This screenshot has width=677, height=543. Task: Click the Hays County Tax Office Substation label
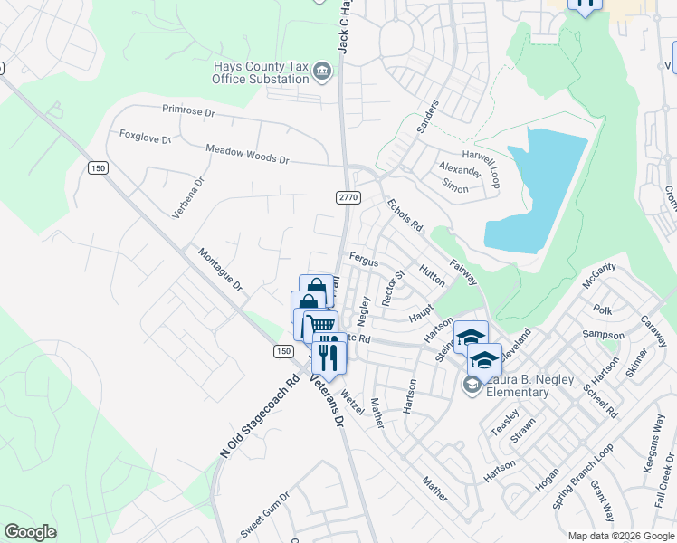click(x=260, y=72)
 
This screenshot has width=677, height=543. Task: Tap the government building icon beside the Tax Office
click(x=321, y=71)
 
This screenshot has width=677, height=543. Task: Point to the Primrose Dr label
click(x=188, y=110)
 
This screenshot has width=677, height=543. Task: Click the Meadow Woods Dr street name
click(x=246, y=154)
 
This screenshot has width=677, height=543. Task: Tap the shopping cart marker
click(x=320, y=326)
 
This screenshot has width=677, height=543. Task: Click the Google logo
click(x=30, y=532)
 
